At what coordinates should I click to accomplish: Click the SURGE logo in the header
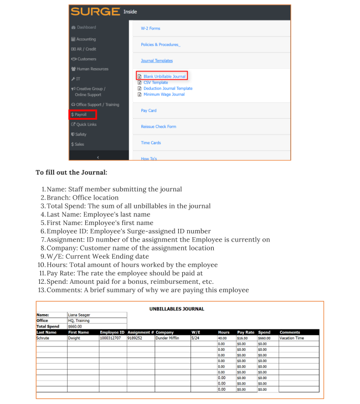click(x=95, y=12)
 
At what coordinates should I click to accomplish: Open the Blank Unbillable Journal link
click(x=164, y=76)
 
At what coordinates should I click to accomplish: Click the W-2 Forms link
click(x=151, y=28)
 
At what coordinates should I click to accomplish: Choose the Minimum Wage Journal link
click(x=164, y=95)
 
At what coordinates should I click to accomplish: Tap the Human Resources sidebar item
click(x=92, y=69)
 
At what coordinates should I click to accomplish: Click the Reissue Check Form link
click(x=158, y=127)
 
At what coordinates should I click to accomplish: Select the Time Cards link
click(x=151, y=143)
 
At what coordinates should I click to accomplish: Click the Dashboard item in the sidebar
click(x=86, y=27)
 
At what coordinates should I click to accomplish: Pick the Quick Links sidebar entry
click(x=86, y=125)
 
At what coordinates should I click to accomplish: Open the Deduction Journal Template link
click(x=168, y=89)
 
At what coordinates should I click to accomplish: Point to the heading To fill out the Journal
click(x=71, y=172)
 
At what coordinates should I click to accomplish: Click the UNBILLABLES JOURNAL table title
click(x=177, y=309)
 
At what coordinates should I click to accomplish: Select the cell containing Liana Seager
click(x=80, y=315)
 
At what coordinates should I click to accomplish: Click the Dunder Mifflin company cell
click(x=169, y=337)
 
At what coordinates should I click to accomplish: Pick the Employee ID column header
click(x=112, y=332)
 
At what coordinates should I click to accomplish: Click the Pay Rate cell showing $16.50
click(x=243, y=337)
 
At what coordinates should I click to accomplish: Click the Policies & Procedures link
click(x=161, y=44)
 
